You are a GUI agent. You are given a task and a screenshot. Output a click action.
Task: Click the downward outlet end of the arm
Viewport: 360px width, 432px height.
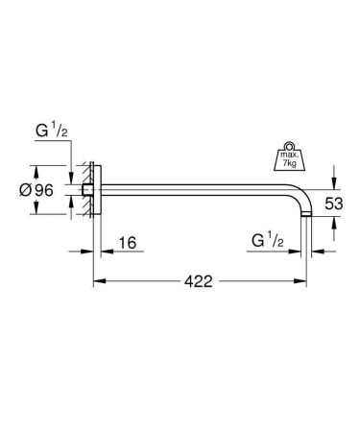coord(303,219)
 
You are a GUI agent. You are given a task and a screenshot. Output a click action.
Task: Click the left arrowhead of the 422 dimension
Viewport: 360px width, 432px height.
coord(97,281)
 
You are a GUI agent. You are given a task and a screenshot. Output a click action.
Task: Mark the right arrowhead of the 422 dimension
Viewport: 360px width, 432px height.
coord(304,281)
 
